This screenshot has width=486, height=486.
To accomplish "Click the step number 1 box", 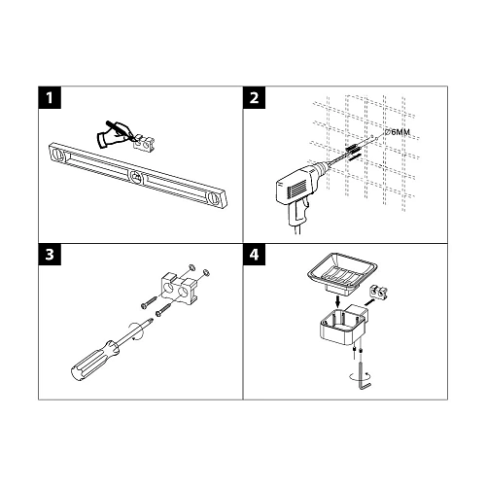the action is coord(50,97).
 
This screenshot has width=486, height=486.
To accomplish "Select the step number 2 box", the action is coord(255,97).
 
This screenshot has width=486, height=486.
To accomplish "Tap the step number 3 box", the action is coord(50,255).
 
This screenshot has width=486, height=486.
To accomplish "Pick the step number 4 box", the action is coord(255,255).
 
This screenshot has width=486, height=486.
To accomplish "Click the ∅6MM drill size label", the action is coord(397,132).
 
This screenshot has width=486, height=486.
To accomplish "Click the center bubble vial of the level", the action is coord(137,177).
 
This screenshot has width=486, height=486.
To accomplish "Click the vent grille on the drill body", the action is coord(295,188).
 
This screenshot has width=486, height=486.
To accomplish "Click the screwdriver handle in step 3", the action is coord(92,359).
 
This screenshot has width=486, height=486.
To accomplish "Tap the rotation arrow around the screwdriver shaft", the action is coord(135,330).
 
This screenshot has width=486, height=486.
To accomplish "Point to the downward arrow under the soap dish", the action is coord(337,302).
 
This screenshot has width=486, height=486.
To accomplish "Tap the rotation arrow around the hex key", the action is coord(360,376).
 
